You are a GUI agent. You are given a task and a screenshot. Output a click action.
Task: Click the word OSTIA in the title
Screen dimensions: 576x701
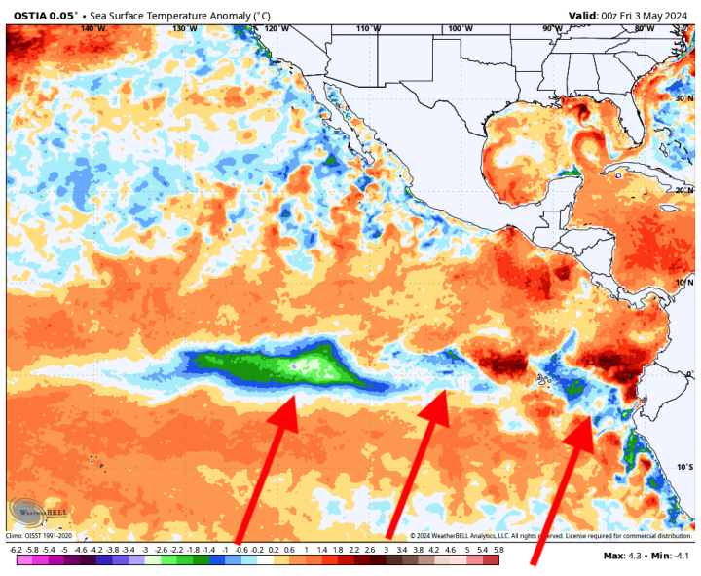(30, 15)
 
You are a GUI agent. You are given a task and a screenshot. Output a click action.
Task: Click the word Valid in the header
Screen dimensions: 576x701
(585, 15)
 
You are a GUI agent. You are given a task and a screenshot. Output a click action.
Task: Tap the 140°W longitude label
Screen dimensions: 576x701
(92, 29)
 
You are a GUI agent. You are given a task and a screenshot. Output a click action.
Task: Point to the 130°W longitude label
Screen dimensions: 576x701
(185, 29)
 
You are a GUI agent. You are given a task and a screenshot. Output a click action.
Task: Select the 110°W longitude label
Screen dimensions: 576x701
(367, 29)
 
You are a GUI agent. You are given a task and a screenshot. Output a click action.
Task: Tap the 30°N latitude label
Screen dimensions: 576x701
(683, 98)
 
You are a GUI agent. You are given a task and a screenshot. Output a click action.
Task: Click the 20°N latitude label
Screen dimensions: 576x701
(683, 190)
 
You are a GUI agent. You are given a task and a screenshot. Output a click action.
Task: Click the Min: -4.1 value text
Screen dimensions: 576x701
(671, 556)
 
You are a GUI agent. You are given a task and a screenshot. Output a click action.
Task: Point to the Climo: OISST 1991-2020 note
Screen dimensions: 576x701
(39, 535)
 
